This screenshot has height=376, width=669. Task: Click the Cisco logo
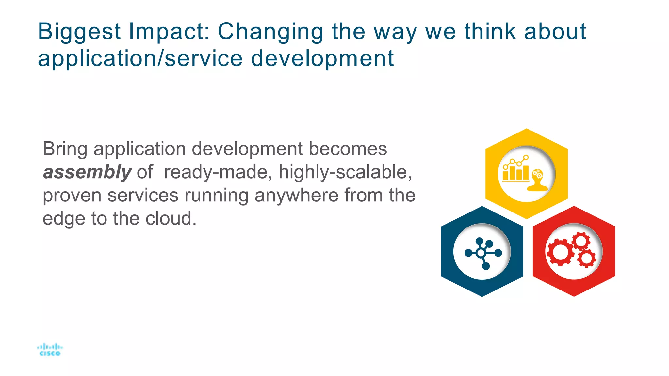tap(50, 350)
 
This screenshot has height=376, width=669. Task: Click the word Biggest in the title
tap(79, 32)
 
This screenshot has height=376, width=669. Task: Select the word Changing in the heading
tap(270, 32)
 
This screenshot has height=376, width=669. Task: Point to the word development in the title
tap(322, 58)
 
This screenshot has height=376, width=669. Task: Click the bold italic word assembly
tap(87, 172)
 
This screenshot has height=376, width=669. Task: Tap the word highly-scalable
tap(345, 172)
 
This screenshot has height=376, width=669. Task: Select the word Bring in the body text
tap(65, 149)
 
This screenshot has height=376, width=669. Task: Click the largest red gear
tap(561, 252)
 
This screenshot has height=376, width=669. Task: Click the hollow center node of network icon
tap(481, 253)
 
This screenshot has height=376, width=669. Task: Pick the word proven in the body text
tap(72, 196)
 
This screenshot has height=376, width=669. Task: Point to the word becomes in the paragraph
tap(348, 149)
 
